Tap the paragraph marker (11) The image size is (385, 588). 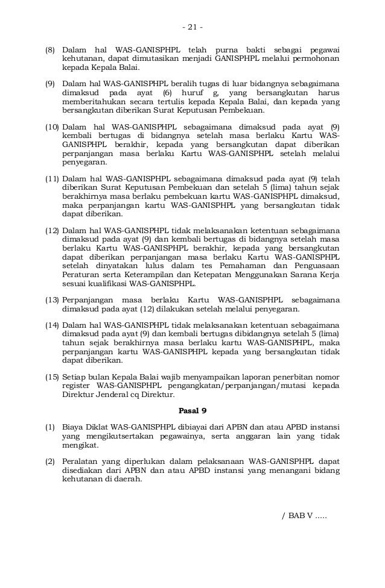tap(52, 179)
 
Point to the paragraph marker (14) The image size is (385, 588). tap(52, 325)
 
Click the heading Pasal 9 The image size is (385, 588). tap(193, 412)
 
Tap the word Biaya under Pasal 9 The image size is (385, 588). tap(74, 428)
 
